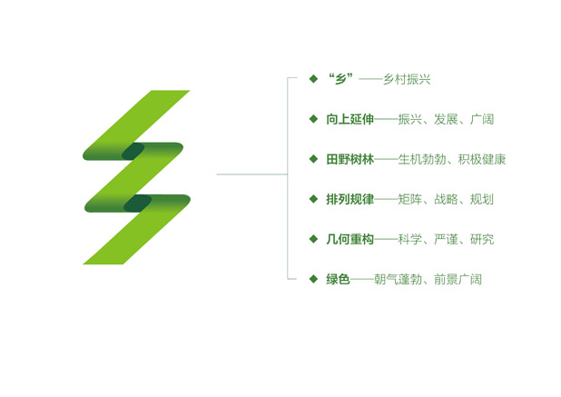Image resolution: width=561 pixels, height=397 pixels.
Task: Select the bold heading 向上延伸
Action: tap(349, 119)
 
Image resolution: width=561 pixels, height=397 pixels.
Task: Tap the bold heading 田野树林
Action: tap(349, 159)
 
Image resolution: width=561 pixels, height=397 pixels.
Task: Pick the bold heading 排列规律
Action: tap(349, 199)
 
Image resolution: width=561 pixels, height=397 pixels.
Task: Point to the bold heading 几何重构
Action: tap(349, 239)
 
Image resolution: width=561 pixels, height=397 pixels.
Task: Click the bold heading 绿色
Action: tap(338, 279)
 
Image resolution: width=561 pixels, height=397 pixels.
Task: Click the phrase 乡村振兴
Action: tap(407, 79)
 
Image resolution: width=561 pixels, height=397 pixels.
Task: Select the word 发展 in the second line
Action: tap(446, 119)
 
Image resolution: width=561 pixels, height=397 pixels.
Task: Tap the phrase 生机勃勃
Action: tap(422, 159)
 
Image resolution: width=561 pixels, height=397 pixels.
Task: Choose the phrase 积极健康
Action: tap(482, 159)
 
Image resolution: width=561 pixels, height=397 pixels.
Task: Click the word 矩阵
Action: tap(410, 199)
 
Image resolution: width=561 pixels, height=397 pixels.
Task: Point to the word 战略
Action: tap(446, 199)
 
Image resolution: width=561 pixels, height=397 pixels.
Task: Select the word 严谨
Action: tap(446, 239)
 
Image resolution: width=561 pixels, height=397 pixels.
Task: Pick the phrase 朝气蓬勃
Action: tap(399, 279)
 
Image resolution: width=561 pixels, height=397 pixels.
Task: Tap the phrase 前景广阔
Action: tap(458, 279)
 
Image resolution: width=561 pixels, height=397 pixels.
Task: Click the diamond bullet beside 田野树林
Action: tap(313, 159)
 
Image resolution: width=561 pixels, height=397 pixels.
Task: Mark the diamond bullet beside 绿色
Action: tap(313, 279)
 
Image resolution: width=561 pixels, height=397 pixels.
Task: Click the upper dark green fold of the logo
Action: tap(133, 151)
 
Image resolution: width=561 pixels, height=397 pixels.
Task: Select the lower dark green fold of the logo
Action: tap(137, 203)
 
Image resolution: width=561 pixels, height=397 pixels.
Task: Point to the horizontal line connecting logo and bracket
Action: tap(252, 174)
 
